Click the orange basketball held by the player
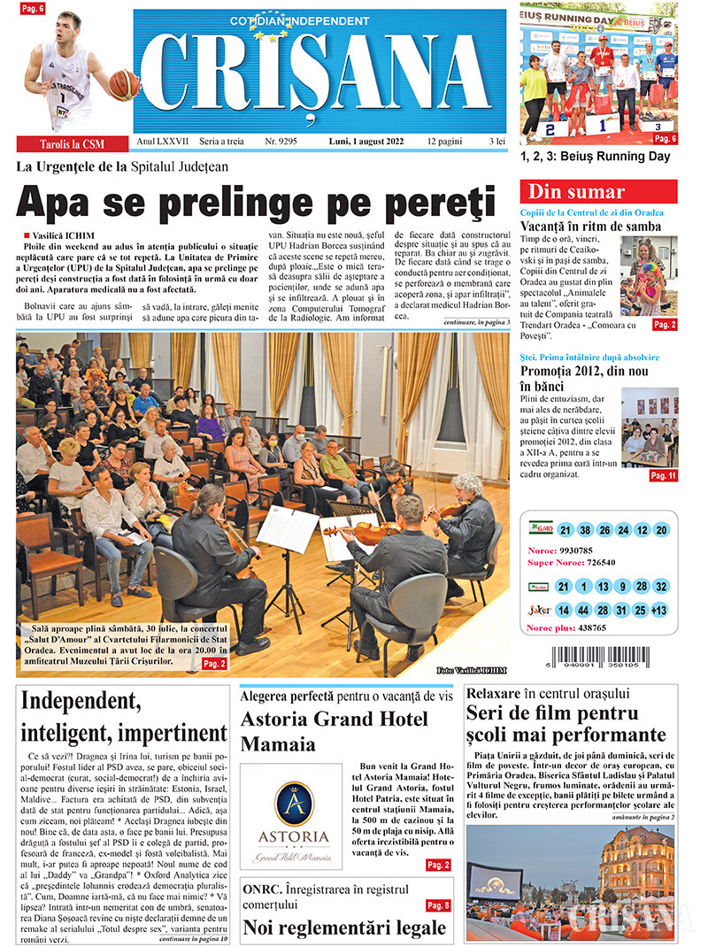124,84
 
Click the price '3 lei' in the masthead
497,141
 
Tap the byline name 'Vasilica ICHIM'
62,235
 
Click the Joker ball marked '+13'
658,611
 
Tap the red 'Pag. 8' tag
438,905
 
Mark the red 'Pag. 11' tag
663,475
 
